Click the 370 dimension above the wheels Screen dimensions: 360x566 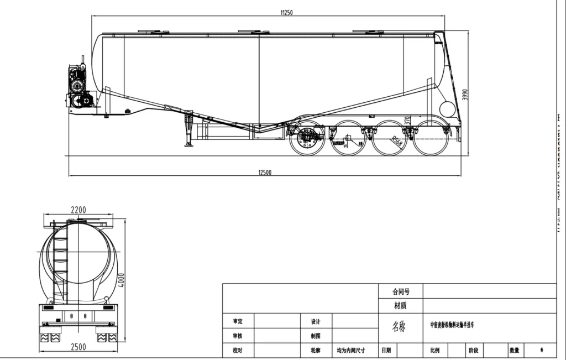tap(407, 121)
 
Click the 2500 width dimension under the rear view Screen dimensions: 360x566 tap(78, 347)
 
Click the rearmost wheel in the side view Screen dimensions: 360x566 tap(431, 138)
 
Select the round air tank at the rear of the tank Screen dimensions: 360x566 tap(447, 109)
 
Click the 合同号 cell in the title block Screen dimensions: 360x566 tap(401, 291)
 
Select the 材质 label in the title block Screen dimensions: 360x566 tap(401, 305)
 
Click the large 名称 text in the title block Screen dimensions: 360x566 tap(399, 326)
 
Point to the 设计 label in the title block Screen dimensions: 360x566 tap(316, 321)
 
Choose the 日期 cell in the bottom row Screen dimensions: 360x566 tap(386, 350)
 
